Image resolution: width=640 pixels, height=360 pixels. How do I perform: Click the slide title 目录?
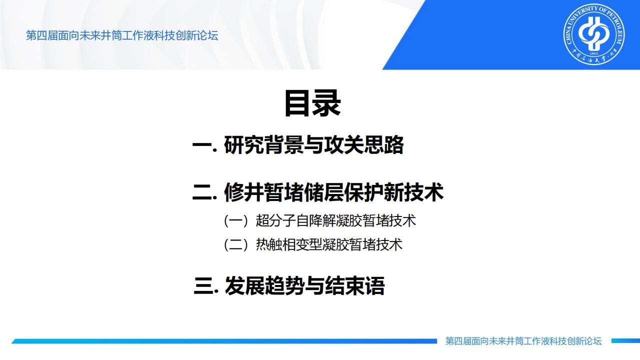point(312,103)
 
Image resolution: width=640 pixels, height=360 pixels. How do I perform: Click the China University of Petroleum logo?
point(594,34)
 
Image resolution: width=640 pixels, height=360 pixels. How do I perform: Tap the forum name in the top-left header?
point(122,35)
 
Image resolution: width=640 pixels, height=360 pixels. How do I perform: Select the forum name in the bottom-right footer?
point(523,341)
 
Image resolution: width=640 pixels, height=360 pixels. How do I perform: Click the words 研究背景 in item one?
point(263,145)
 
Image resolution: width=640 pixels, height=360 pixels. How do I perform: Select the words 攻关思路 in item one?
point(363,145)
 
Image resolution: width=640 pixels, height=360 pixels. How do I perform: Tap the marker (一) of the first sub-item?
point(236,221)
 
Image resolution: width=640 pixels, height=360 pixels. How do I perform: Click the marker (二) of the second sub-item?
point(236,245)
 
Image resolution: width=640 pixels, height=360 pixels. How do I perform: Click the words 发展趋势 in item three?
point(264,285)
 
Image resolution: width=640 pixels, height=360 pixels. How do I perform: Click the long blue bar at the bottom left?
point(224,341)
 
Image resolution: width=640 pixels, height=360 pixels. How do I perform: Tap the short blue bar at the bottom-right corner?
point(625,341)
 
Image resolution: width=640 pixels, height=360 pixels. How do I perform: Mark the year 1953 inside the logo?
point(593,53)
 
